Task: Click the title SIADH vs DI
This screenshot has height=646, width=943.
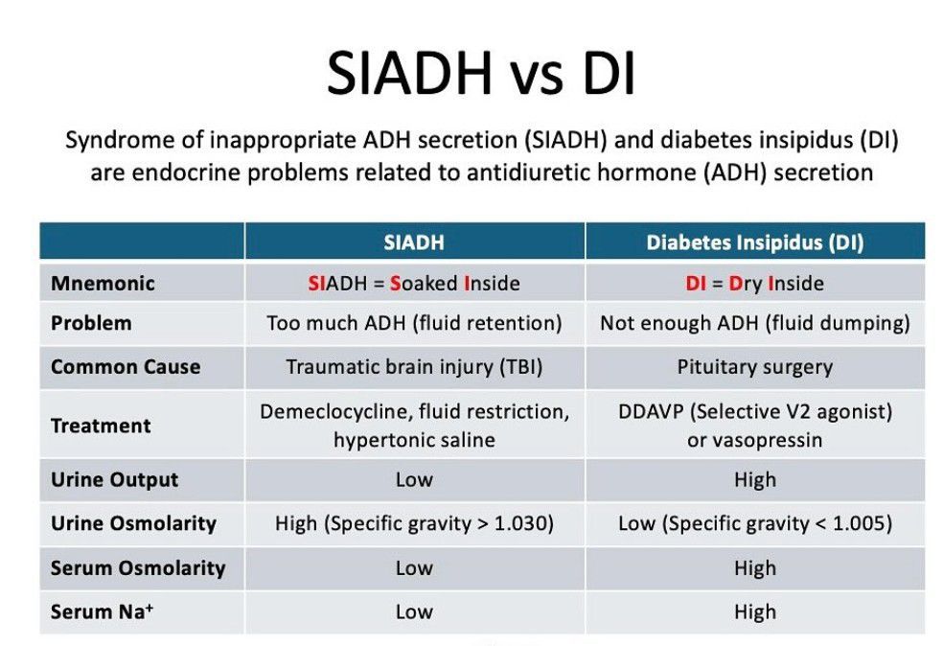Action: [481, 75]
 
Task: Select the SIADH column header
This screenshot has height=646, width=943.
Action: [414, 242]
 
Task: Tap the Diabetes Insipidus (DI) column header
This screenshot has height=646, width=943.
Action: [754, 242]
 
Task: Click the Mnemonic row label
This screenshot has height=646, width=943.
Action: [103, 284]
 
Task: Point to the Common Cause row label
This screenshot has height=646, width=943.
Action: [126, 367]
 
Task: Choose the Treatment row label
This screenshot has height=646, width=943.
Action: [101, 426]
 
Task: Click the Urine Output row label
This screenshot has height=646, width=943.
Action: [114, 479]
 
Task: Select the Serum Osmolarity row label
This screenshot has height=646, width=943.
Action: [138, 567]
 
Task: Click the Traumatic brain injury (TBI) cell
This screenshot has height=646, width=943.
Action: [414, 367]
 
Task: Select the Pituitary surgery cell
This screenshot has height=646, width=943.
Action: [754, 367]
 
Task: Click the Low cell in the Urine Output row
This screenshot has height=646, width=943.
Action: [414, 479]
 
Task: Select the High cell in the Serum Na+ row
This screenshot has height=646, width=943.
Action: [754, 611]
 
